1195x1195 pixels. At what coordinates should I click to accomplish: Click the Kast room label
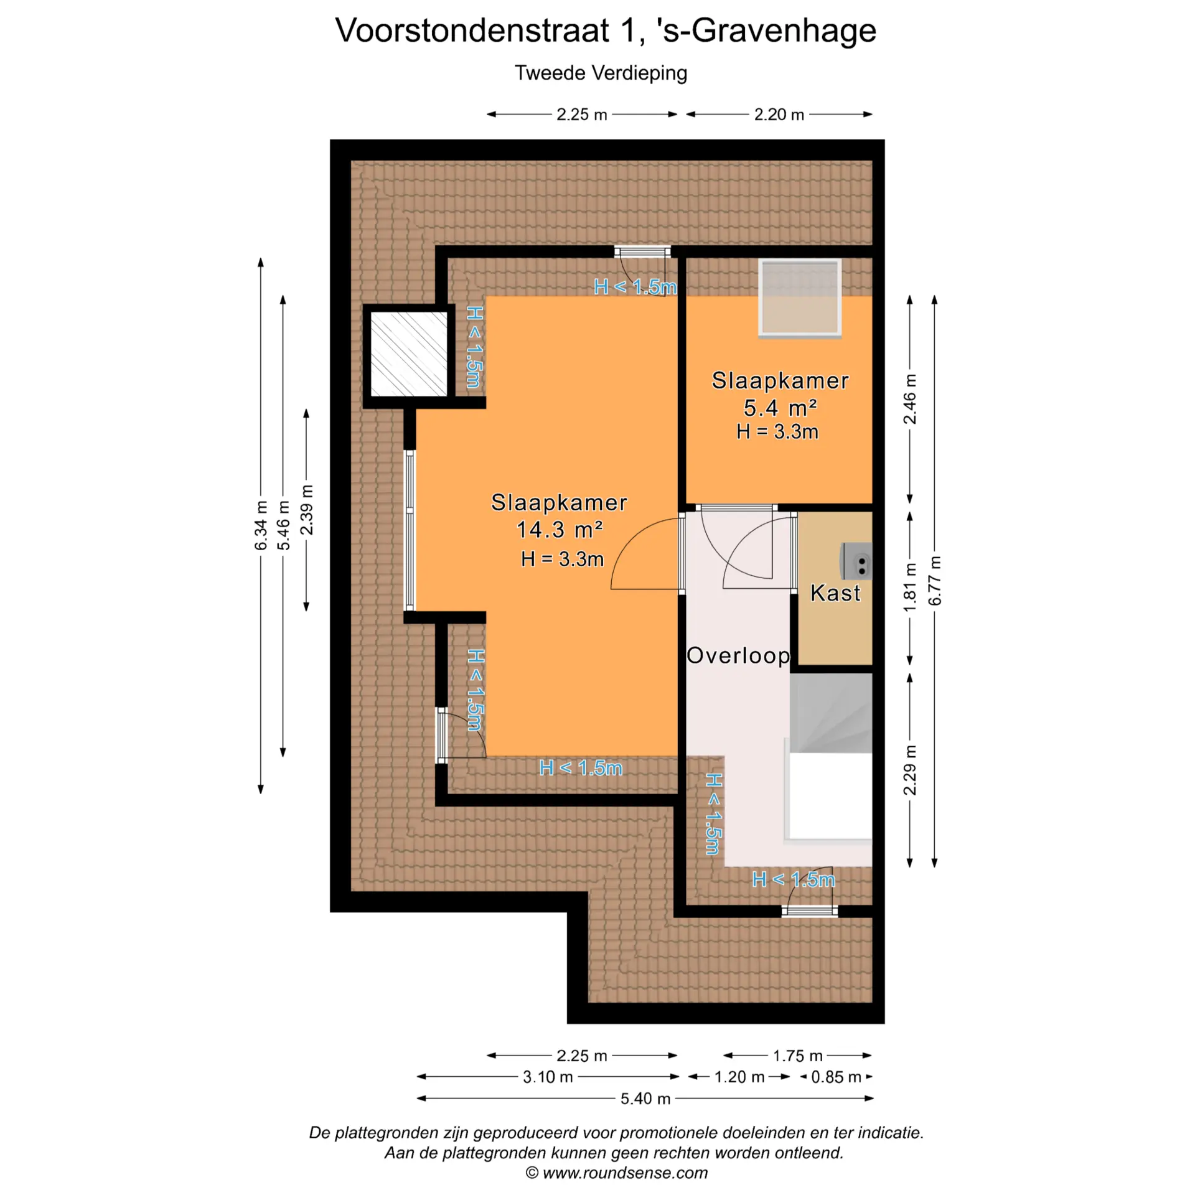[x=835, y=593]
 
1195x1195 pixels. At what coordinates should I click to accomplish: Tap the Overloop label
[x=738, y=655]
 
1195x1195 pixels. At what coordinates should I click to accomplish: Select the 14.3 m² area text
[x=560, y=530]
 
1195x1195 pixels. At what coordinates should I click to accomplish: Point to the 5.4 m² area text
[x=780, y=408]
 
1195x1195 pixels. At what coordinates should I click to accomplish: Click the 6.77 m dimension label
[x=935, y=580]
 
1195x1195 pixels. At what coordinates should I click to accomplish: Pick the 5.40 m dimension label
[x=645, y=1099]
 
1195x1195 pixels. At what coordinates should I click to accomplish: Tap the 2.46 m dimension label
[x=910, y=399]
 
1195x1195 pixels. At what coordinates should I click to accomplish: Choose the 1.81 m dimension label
[x=910, y=587]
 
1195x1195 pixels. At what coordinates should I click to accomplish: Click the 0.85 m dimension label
[x=836, y=1077]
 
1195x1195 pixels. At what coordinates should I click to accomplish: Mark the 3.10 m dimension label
[x=548, y=1077]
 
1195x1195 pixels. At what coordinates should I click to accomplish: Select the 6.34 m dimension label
[x=261, y=525]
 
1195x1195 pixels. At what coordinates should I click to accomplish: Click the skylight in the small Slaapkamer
[x=800, y=298]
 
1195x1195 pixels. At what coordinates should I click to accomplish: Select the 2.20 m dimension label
[x=779, y=115]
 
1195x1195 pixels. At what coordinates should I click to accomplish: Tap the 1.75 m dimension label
[x=797, y=1056]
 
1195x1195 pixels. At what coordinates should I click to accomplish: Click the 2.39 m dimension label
[x=306, y=510]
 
